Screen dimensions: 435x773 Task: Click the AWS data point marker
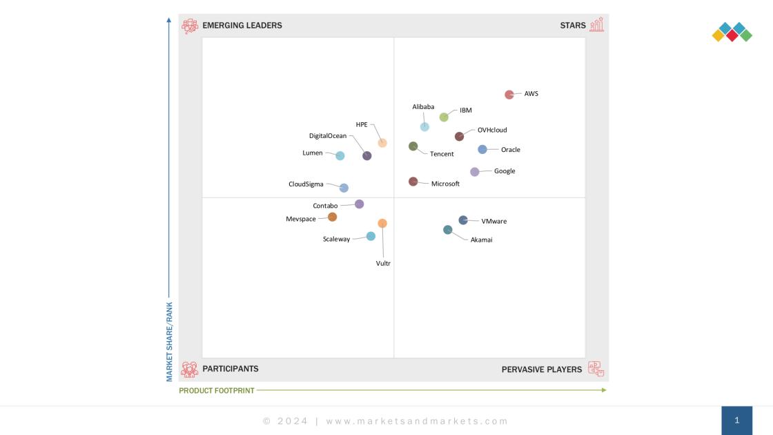pos(509,95)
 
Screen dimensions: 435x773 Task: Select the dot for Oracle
pos(482,149)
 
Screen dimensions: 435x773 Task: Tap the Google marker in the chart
pos(475,172)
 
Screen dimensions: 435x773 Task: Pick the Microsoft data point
pos(413,182)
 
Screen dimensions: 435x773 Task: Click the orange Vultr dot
pos(382,223)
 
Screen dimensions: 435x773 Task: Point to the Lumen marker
pos(340,156)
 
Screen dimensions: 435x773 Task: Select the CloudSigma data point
pos(344,188)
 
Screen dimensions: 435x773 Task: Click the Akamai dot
pos(448,230)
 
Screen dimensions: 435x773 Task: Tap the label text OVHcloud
pos(492,130)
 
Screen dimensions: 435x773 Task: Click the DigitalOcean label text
pos(328,136)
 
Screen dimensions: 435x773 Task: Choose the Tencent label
pos(442,154)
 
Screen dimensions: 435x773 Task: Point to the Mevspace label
pos(301,219)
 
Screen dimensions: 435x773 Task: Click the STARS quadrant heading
pos(573,26)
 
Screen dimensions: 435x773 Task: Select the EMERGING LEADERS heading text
pos(242,26)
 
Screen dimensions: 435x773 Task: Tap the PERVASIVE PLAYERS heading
pos(542,369)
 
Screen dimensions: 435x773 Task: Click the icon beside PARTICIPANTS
pos(190,369)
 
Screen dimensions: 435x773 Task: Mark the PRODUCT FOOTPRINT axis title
pos(217,391)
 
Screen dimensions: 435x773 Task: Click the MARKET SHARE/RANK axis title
pos(169,340)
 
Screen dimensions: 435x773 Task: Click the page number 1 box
pos(736,420)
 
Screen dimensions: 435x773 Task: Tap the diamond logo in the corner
pos(732,32)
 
